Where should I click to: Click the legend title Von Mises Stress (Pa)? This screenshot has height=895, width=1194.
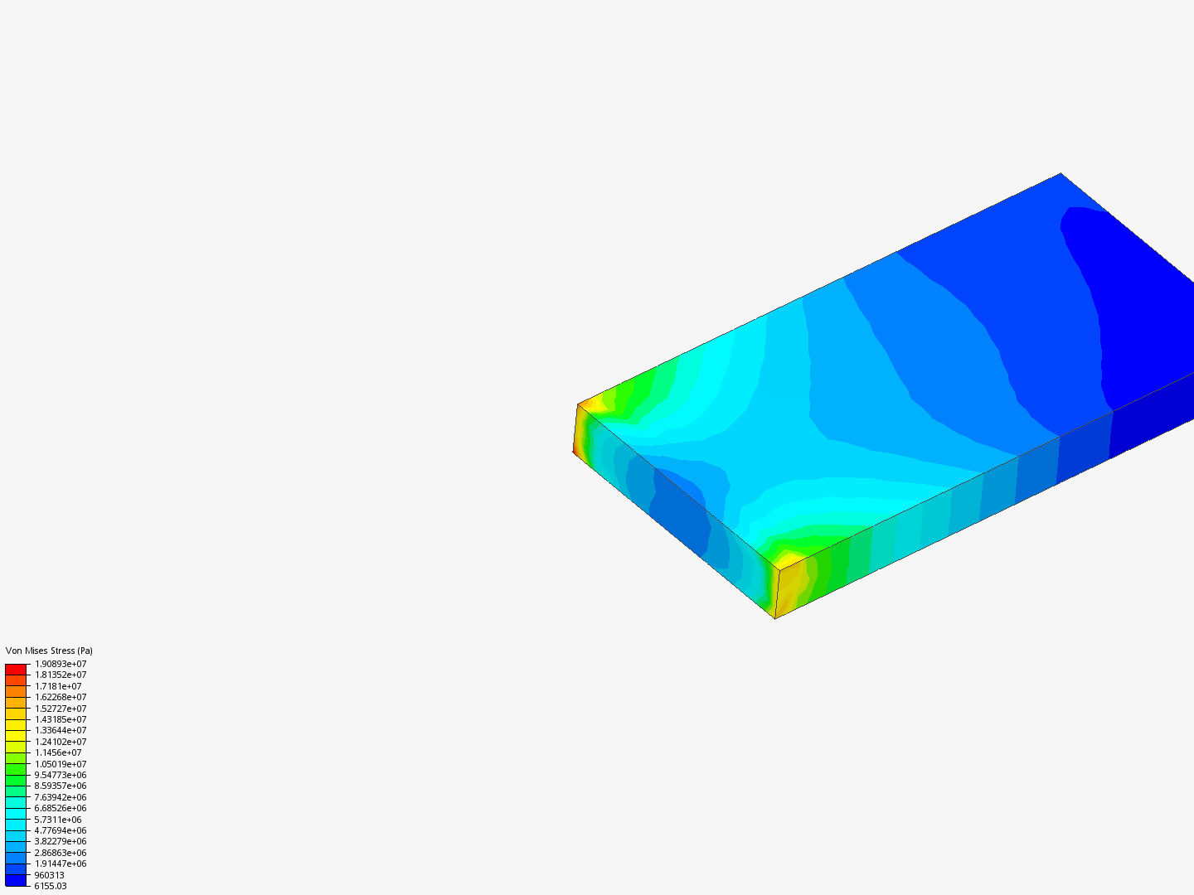pos(49,651)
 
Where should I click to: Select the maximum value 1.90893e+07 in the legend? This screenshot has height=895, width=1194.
pos(61,664)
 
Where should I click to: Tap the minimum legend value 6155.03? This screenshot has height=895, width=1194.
pos(51,886)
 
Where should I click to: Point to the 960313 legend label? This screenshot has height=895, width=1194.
pos(49,875)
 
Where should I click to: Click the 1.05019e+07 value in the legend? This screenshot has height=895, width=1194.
pos(61,764)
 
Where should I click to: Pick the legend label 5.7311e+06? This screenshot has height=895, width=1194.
pos(58,820)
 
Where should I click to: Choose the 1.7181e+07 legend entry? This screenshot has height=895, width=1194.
pos(58,686)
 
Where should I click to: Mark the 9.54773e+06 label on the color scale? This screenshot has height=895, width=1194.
pos(61,775)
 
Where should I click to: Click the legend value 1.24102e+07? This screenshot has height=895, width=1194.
pos(61,742)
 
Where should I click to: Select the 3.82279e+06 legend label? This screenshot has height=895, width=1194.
pos(61,841)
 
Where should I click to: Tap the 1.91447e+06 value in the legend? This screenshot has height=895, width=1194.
pos(61,864)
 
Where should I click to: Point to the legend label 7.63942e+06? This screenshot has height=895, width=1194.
pos(61,797)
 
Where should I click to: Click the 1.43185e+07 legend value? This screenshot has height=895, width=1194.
pos(61,719)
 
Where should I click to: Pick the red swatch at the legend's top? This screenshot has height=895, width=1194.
pos(16,669)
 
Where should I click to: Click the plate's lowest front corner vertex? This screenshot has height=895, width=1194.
pos(775,618)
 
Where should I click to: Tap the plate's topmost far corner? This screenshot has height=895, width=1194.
pos(1061,173)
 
